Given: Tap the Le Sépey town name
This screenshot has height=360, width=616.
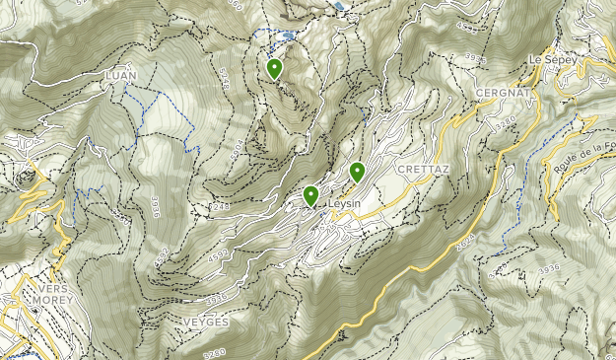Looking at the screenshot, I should point(551,58).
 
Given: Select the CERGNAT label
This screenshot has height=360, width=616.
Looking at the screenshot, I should point(503,92).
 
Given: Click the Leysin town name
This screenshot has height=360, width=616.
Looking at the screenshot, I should point(339,204).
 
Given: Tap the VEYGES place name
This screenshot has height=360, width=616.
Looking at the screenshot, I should point(206,323).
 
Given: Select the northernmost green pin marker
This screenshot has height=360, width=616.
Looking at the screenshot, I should point(274,68).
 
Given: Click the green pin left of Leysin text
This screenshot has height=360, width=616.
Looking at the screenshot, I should point(310,195).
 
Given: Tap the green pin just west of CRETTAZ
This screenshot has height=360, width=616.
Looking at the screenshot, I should point(357,172).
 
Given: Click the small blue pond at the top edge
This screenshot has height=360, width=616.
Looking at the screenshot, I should point(339,5).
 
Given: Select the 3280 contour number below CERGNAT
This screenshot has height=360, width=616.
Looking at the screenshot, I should point(506,122).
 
